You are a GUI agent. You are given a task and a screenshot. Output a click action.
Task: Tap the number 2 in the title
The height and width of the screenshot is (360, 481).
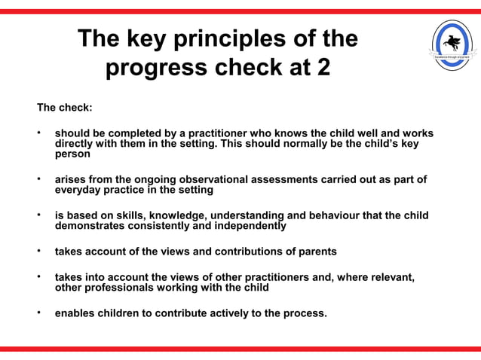click(x=322, y=68)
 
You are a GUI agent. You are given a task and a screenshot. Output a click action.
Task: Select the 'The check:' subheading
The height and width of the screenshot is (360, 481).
click(x=65, y=108)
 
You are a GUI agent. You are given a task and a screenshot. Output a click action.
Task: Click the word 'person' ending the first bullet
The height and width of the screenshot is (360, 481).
click(x=72, y=154)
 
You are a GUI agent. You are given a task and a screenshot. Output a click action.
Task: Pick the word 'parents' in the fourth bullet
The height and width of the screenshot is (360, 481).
click(x=315, y=251)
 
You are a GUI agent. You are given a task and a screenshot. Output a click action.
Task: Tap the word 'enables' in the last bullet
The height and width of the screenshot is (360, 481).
click(x=76, y=313)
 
